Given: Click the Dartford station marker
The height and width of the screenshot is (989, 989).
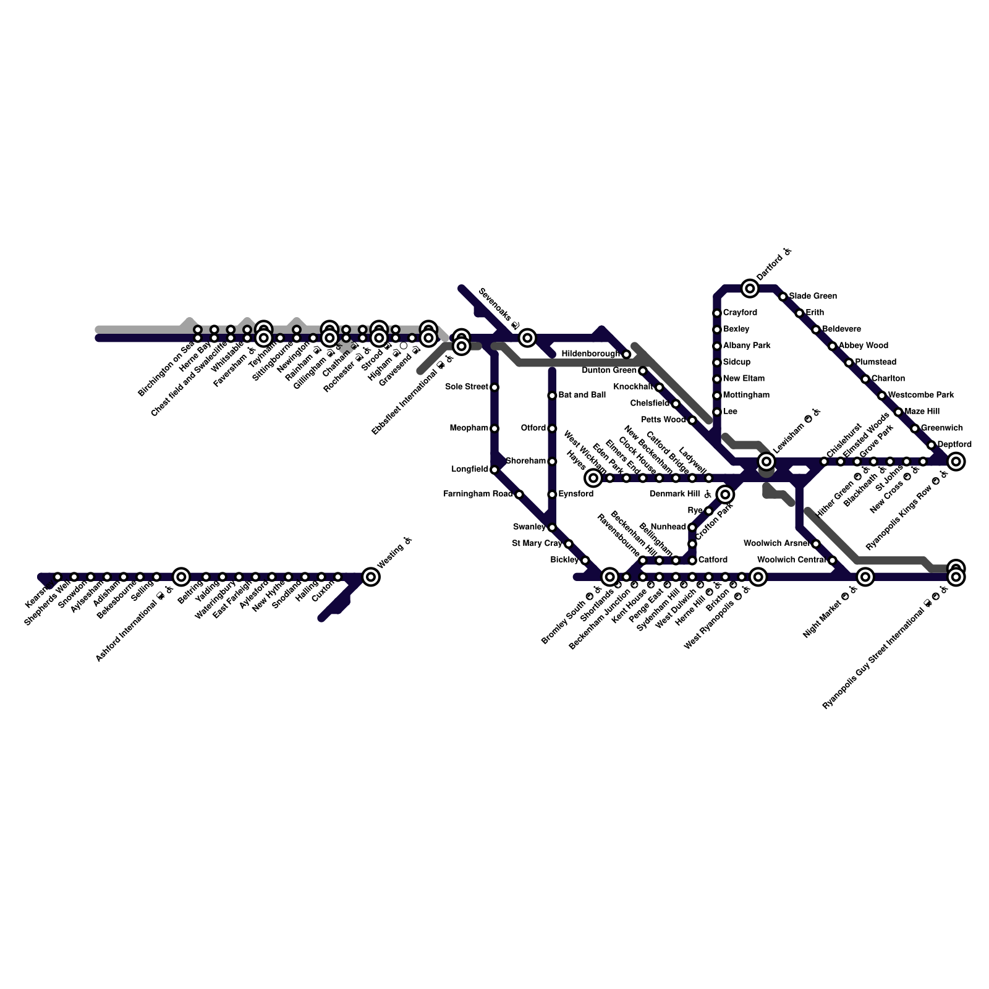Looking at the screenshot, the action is [750, 288].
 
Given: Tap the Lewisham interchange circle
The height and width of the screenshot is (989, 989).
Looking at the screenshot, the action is [766, 461].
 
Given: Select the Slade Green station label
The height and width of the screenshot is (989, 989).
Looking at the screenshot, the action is [813, 296].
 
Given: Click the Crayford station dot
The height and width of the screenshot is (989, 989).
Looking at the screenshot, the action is [717, 313].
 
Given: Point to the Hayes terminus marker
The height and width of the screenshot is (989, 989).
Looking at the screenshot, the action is [593, 477].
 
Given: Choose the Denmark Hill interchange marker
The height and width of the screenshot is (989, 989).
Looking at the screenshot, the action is [725, 494].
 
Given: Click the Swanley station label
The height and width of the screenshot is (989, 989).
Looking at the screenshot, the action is [529, 527].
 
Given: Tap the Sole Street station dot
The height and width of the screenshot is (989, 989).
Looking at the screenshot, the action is [494, 387].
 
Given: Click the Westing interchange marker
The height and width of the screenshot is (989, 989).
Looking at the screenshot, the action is [371, 577].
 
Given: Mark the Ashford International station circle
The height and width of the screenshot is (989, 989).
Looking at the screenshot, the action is [180, 577].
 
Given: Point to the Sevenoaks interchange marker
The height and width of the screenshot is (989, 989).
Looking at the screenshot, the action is [527, 337].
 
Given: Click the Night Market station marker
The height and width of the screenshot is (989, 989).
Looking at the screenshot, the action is [865, 577].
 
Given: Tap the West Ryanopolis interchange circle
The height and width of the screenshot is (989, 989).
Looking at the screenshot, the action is [758, 577].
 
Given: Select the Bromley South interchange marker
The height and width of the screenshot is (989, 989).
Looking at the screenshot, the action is [610, 577].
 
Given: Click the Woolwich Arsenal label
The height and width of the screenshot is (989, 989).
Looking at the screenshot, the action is [777, 544].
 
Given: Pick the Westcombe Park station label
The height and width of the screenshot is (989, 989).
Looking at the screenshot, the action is [921, 395].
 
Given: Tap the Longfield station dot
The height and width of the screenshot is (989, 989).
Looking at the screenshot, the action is [494, 470].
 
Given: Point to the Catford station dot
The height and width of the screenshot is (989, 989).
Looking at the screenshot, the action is [692, 560].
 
